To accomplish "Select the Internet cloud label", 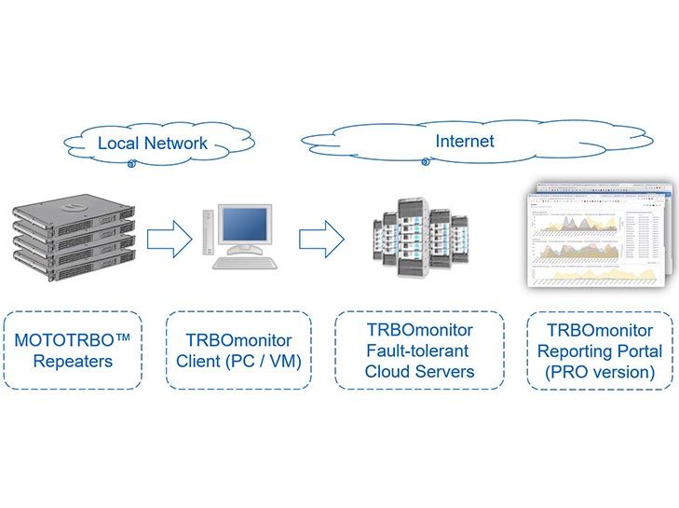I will pyautogui.click(x=465, y=142).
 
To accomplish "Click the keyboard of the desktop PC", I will pyautogui.click(x=245, y=263).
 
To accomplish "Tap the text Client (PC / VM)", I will pyautogui.click(x=238, y=360).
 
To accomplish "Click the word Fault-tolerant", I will pyautogui.click(x=419, y=350).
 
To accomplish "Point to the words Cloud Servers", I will pyautogui.click(x=419, y=371).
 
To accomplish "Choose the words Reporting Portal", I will pyautogui.click(x=600, y=350).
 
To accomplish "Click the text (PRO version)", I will pyautogui.click(x=600, y=371).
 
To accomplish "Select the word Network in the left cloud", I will pyautogui.click(x=173, y=144).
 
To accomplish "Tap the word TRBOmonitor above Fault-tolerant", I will pyautogui.click(x=419, y=330).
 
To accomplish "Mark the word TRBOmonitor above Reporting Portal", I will pyautogui.click(x=600, y=330).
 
